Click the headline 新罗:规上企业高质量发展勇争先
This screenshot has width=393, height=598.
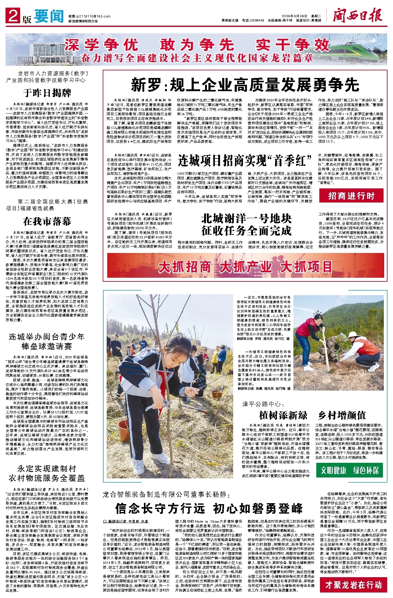pyautogui.click(x=245, y=85)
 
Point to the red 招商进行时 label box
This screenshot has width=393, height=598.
pyautogui.click(x=351, y=196)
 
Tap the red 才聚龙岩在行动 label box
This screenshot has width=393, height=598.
pyautogui.click(x=353, y=585)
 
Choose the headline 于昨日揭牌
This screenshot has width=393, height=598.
pyautogui.click(x=47, y=93)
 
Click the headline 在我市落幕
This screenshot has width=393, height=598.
pyautogui.click(x=47, y=221)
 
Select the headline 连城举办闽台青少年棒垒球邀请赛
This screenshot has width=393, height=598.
pyautogui.click(x=47, y=341)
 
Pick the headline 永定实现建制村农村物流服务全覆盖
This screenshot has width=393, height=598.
pyautogui.click(x=47, y=473)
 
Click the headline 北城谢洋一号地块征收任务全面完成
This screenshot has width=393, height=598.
pyautogui.click(x=246, y=225)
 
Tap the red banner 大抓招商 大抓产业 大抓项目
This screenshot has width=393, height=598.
pyautogui.click(x=245, y=267)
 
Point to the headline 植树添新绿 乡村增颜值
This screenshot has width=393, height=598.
pyautogui.click(x=312, y=415)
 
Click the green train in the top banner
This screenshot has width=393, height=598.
pyautogui.click(x=361, y=49)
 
